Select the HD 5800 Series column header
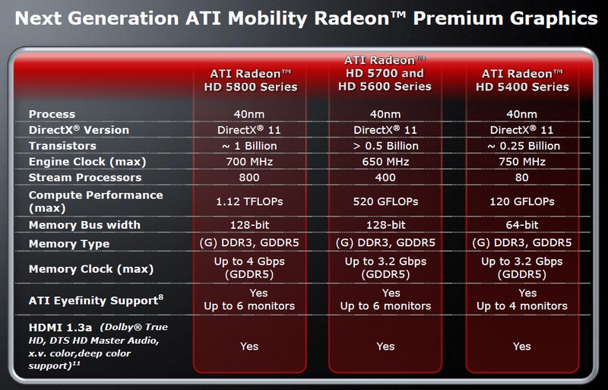pyautogui.click(x=251, y=81)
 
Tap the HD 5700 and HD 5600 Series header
pyautogui.click(x=385, y=73)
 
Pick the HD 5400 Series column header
pyautogui.click(x=522, y=81)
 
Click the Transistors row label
pyautogui.click(x=62, y=146)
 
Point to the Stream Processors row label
pyautogui.click(x=85, y=178)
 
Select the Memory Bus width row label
pyautogui.click(x=84, y=225)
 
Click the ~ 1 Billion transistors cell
pyautogui.click(x=249, y=146)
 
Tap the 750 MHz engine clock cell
pyautogui.click(x=522, y=162)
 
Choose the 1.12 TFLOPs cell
pyautogui.click(x=249, y=201)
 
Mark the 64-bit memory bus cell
pyautogui.click(x=522, y=225)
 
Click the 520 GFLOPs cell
pyautogui.click(x=385, y=201)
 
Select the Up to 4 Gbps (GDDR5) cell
pyautogui.click(x=249, y=268)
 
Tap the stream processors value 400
pyautogui.click(x=385, y=178)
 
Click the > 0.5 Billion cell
pyautogui.click(x=385, y=146)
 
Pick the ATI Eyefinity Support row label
pyautogui.click(x=96, y=300)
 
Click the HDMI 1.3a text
pyautogui.click(x=60, y=328)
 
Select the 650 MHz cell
pyautogui.click(x=385, y=162)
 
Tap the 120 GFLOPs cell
pyautogui.click(x=522, y=201)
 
